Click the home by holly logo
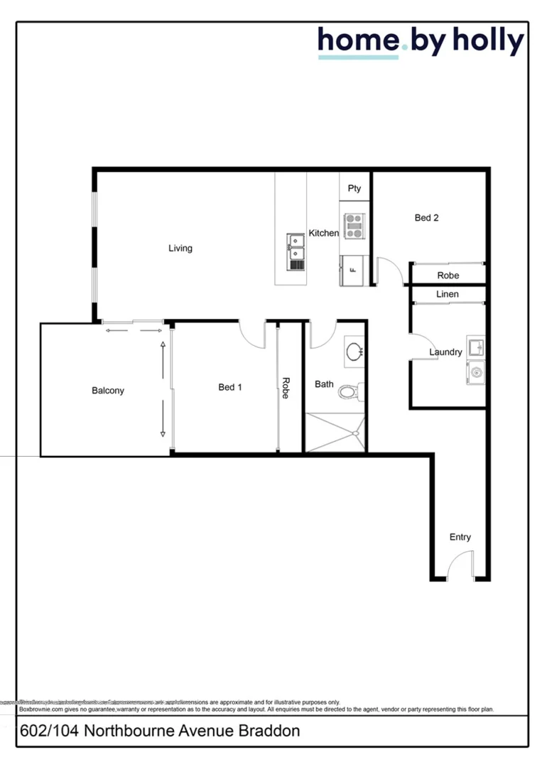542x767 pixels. (421, 42)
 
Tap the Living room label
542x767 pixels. (180, 249)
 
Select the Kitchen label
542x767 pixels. (323, 233)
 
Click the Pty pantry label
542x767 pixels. (354, 188)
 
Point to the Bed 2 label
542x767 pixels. (426, 218)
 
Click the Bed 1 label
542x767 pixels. (230, 387)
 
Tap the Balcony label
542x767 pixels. (108, 391)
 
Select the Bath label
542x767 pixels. (324, 384)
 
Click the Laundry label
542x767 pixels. (445, 352)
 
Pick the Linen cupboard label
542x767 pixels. (448, 294)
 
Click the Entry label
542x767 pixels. (460, 537)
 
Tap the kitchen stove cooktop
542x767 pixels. (354, 226)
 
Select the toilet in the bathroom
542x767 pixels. (349, 391)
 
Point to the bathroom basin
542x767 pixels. (354, 351)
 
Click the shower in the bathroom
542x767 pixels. (335, 432)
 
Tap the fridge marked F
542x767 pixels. (353, 270)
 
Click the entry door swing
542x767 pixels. (460, 567)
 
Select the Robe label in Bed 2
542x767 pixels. (448, 276)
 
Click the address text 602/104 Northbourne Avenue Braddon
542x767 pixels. (160, 731)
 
